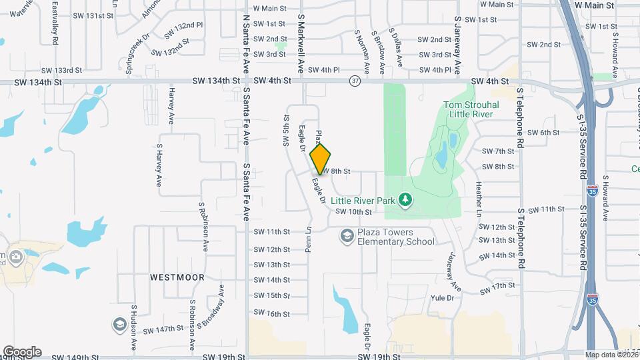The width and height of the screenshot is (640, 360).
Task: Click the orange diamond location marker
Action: point(321,158)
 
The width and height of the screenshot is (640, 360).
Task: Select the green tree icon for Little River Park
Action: point(404,199)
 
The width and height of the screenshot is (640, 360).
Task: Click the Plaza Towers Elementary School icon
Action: point(347,235)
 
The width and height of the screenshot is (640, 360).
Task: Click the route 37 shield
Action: point(354,81)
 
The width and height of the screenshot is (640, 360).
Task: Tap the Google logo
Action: point(22,352)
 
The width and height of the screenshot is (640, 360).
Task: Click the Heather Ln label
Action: point(478,196)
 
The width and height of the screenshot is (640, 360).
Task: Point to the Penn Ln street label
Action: point(309,238)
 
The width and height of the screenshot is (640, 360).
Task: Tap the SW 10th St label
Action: point(353,211)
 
